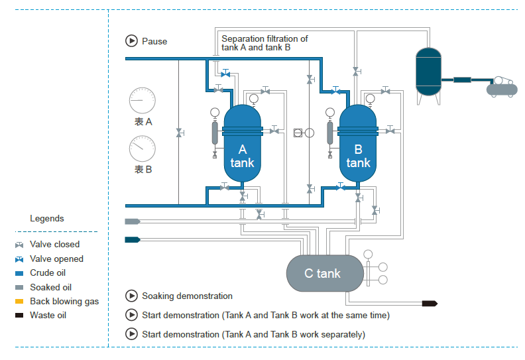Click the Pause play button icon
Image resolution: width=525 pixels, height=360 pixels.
tap(131, 41)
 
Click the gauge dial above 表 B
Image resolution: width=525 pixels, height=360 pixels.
tap(142, 149)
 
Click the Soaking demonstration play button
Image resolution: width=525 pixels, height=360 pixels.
tap(131, 296)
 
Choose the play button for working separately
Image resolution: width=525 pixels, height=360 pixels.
tap(131, 334)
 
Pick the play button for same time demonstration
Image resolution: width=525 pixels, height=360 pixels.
tap(131, 315)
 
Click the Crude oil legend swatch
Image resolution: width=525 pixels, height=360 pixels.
tap(19, 273)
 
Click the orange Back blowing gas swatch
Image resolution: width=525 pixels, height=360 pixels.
tap(19, 302)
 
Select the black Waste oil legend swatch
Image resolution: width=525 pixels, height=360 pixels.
tap(19, 316)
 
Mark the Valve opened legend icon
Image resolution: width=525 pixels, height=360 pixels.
tap(19, 259)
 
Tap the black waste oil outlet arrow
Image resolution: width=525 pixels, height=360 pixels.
tap(430, 303)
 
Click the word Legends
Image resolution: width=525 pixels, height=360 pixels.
tap(47, 218)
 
